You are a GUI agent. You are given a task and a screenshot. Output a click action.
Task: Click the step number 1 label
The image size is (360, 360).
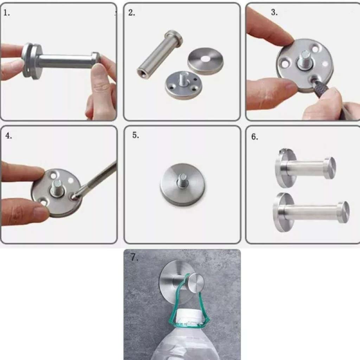7,13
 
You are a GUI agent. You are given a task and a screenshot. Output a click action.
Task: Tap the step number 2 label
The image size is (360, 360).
131,13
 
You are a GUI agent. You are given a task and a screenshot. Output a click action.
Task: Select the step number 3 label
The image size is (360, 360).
274,12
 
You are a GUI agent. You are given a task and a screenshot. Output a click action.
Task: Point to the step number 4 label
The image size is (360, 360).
8,136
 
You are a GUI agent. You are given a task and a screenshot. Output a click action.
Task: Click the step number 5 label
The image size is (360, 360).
136,135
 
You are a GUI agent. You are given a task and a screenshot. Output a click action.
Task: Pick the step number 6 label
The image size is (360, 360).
255,137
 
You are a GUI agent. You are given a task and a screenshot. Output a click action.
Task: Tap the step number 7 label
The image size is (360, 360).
134,257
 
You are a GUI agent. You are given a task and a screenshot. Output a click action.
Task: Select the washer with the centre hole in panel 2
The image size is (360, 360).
205,60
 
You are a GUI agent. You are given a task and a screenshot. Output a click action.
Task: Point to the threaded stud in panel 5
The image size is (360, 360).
182,180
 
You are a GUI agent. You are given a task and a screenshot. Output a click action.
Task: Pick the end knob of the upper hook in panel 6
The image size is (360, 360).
330,168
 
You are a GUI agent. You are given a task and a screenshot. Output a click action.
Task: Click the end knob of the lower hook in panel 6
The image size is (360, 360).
343,212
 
